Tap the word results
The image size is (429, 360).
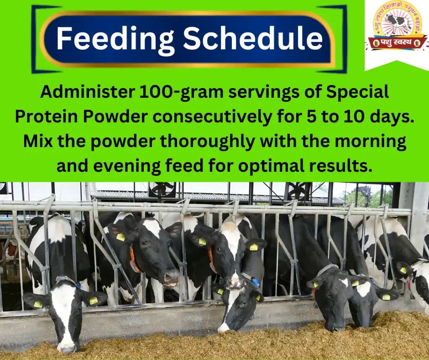340,165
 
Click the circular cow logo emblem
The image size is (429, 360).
397,20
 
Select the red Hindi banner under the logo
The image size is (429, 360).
397,44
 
